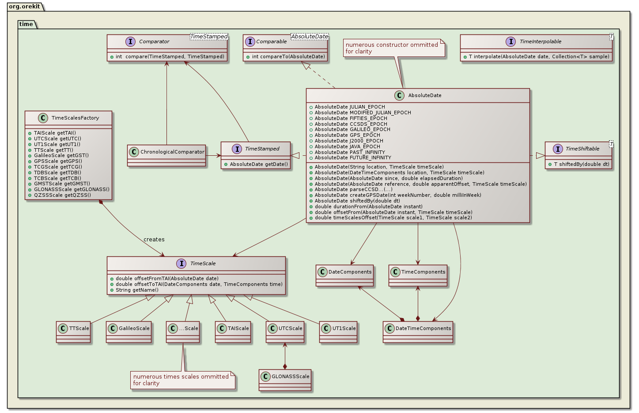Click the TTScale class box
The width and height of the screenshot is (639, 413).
click(73, 332)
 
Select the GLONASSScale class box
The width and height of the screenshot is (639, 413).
click(285, 380)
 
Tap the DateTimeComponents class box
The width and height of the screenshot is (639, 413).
click(418, 332)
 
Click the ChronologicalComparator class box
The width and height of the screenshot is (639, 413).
click(166, 155)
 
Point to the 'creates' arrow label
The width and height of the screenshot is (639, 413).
click(154, 240)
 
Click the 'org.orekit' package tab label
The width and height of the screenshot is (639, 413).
click(24, 7)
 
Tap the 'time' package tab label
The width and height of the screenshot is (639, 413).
click(26, 24)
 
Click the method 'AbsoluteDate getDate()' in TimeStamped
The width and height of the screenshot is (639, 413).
click(259, 164)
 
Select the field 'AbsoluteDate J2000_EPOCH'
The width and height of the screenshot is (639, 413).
click(348, 141)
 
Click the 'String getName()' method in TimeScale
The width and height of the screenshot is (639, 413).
click(137, 290)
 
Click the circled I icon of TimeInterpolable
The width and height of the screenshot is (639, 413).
click(510, 41)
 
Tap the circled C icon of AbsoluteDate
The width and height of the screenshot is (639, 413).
click(399, 95)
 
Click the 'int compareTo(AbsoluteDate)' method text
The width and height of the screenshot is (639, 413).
click(288, 56)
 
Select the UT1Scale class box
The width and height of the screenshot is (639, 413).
click(338, 332)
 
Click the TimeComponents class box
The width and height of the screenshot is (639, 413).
click(418, 275)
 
